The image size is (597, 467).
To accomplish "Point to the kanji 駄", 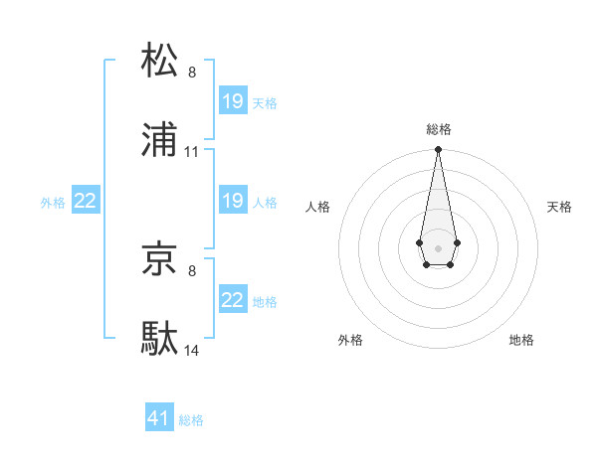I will point(160,340).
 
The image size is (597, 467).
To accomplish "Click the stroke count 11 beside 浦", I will point(192,152).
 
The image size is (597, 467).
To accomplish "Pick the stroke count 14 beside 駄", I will point(192,351).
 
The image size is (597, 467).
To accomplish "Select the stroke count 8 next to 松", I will point(192,72).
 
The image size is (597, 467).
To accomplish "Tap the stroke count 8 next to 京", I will point(192,269).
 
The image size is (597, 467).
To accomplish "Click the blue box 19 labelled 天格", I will point(233,101).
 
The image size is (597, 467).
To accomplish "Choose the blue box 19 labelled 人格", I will point(233,201).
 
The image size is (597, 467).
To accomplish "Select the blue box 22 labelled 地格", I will point(233,300).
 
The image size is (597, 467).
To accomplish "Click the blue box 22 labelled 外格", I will point(86,201).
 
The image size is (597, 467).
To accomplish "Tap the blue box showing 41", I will point(159,418).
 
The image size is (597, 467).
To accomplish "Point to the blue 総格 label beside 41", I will point(191,420).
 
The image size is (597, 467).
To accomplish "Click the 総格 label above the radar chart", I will point(439,129).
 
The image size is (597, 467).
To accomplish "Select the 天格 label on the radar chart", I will point(560,207).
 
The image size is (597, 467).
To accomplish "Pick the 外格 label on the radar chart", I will point(350,340).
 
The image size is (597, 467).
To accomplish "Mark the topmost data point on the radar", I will point(438,150).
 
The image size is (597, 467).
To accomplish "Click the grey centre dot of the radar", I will point(438,246).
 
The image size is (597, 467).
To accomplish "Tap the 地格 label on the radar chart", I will point(521,340).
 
